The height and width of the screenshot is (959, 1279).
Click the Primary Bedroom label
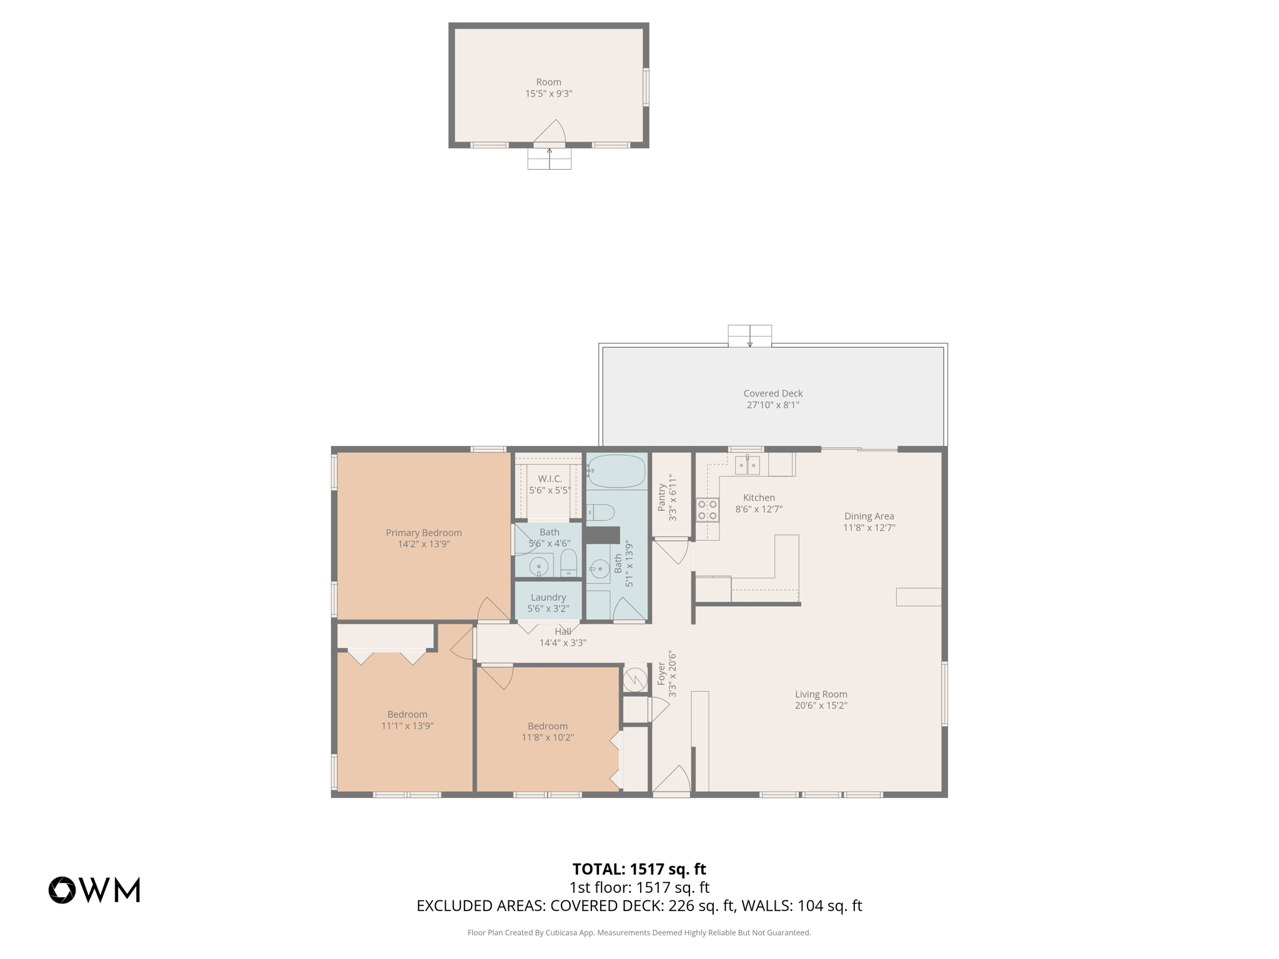click(423, 533)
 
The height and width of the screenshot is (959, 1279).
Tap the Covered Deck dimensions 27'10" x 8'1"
click(773, 405)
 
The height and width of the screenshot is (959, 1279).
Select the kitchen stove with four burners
click(707, 509)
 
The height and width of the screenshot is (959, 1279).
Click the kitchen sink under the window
click(747, 465)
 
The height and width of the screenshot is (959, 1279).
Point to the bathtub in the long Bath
click(616, 471)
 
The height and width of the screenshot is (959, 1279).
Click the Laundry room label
click(548, 598)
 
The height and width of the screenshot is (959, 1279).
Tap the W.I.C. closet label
click(550, 479)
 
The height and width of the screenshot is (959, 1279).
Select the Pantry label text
click(662, 498)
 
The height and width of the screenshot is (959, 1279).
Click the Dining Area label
click(869, 516)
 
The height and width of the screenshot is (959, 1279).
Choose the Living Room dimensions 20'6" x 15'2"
click(821, 706)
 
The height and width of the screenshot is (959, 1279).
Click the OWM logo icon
click(62, 890)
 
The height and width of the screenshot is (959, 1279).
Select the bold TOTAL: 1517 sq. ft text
click(639, 869)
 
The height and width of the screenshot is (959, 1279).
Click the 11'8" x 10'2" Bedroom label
click(547, 726)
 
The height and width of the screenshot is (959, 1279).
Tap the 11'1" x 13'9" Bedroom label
click(407, 714)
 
